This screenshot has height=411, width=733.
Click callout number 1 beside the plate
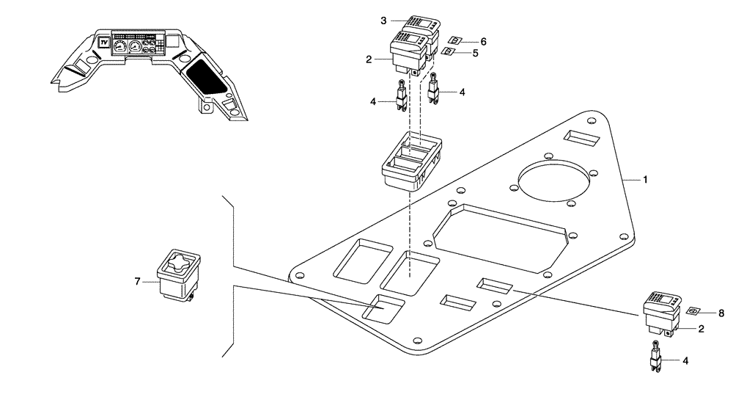tap(646, 179)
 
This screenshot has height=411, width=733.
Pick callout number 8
tap(721, 313)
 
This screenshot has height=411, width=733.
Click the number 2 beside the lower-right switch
tap(701, 330)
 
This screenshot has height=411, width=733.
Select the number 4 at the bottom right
tap(685, 360)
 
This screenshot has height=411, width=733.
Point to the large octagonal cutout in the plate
tap(501, 235)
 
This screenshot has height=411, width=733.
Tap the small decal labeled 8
tap(692, 311)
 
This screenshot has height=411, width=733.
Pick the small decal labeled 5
tap(446, 52)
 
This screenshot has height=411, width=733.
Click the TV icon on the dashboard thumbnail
tap(104, 42)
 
